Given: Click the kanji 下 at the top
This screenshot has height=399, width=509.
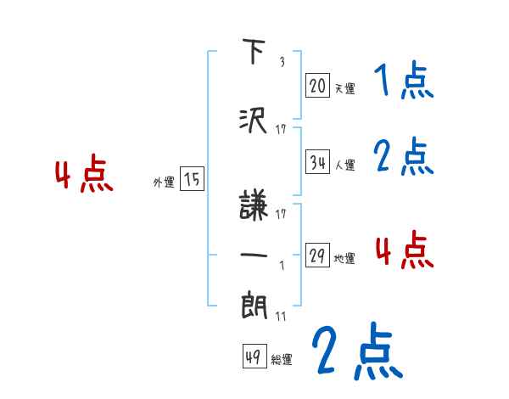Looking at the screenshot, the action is (255, 53).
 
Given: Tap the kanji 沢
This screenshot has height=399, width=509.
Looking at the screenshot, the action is (255, 121).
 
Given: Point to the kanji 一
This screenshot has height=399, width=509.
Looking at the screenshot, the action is (255, 254).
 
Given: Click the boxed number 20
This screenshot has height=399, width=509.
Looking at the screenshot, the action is (317, 86).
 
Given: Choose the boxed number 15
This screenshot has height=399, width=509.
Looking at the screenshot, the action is (192, 179).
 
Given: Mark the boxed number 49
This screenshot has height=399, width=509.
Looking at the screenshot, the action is (252, 357).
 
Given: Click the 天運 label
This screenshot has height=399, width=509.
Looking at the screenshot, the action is (344, 88).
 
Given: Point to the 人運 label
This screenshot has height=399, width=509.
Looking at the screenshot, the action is (344, 165).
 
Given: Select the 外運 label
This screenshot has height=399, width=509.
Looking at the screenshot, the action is (163, 182).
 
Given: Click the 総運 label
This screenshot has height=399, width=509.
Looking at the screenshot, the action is (281, 360).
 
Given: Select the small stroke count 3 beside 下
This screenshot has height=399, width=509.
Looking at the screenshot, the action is (282, 62).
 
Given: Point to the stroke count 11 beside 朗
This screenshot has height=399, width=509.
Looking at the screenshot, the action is (281, 316).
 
